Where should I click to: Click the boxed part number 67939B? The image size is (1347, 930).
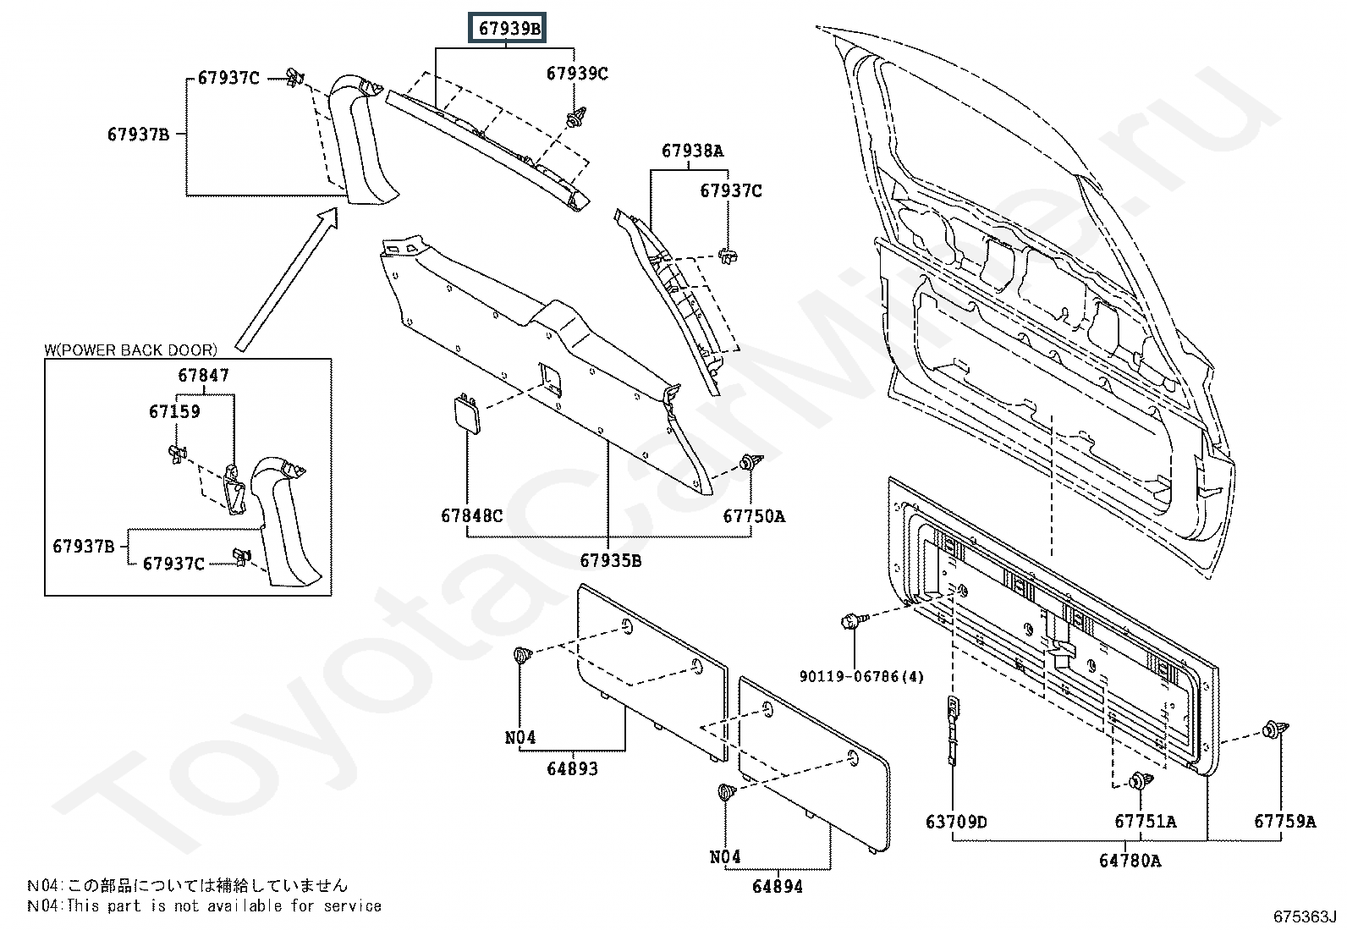(508, 28)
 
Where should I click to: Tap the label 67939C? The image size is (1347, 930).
(577, 74)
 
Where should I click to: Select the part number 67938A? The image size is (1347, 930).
(692, 151)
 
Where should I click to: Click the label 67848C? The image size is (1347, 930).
(471, 515)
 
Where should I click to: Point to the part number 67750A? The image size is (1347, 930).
(754, 516)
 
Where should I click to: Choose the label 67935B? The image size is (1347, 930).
(610, 561)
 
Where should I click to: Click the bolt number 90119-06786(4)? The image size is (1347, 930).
(861, 677)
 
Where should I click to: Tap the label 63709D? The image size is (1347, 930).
(956, 822)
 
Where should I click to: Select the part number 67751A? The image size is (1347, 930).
(1145, 821)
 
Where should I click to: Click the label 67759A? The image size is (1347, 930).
(1284, 821)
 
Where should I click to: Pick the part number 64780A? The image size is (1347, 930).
(1130, 861)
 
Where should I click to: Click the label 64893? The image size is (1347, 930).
(573, 768)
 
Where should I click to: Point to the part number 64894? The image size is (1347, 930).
(778, 887)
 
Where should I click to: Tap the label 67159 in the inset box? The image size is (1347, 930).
(174, 411)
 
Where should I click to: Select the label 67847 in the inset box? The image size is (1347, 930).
(203, 376)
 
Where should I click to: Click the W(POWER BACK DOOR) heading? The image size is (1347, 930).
(130, 349)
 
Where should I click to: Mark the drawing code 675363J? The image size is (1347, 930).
(1305, 916)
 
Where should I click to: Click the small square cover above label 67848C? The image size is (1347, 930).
(467, 413)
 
